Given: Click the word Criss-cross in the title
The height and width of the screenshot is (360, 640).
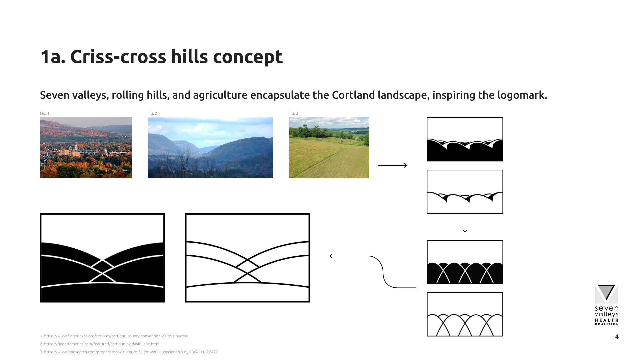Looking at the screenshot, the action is [118, 57].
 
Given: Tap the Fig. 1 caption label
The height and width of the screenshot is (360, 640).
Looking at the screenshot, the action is [45, 113].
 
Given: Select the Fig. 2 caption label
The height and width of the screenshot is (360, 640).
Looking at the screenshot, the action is [152, 113].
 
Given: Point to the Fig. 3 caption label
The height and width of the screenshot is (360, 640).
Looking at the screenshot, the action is [293, 113].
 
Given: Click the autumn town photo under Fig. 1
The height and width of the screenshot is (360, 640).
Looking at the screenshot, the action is [86, 148].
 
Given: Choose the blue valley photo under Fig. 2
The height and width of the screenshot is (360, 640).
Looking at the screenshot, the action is [210, 148].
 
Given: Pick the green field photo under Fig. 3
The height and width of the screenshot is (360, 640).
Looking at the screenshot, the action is [329, 148].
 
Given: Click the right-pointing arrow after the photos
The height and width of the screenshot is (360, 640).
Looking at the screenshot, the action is [393, 165].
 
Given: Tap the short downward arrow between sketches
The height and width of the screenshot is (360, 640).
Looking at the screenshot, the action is [465, 226].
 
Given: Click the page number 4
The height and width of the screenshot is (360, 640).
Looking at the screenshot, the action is [617, 337].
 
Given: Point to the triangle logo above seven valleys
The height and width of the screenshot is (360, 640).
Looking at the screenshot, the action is [606, 293].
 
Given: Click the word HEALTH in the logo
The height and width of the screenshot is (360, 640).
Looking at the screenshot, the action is [607, 320].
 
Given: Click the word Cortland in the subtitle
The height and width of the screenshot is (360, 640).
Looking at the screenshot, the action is [353, 95].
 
